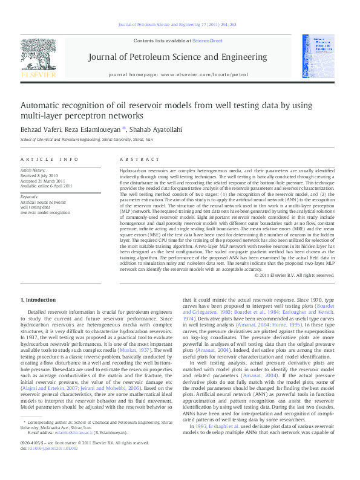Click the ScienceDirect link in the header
[x=207, y=41]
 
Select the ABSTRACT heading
[x=131, y=159]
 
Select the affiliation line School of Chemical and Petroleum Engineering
[x=87, y=139]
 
